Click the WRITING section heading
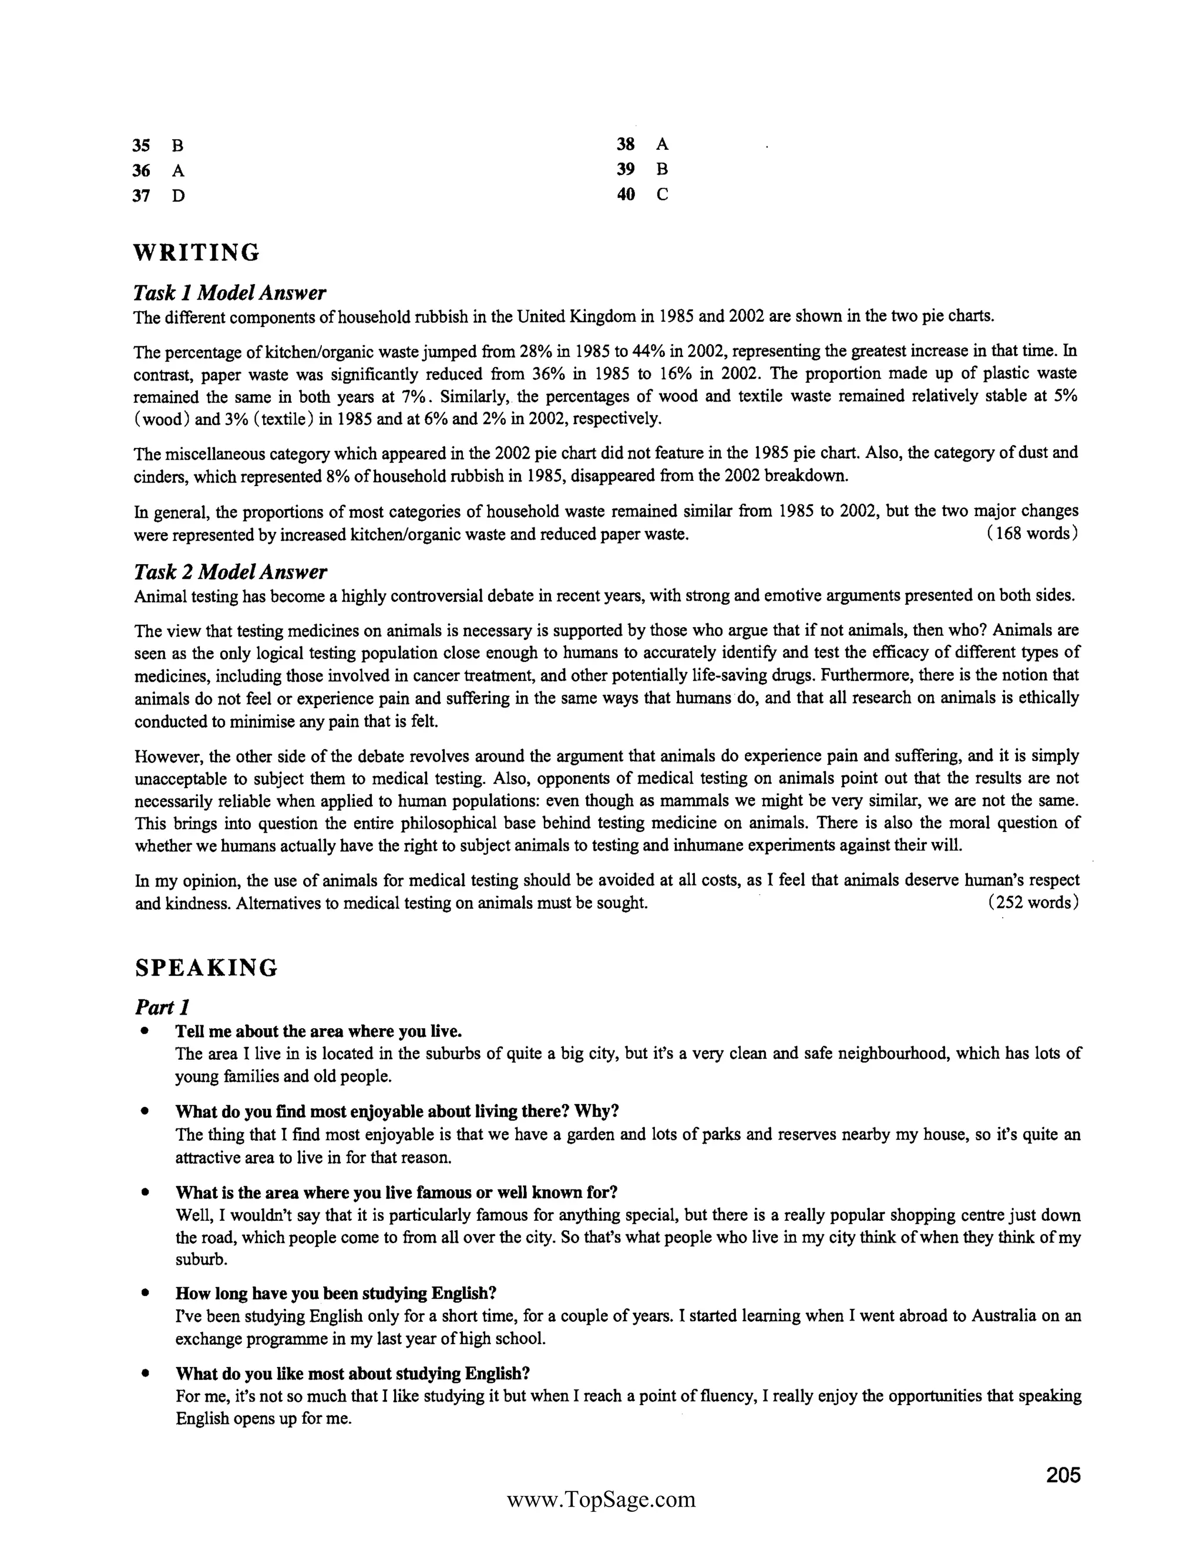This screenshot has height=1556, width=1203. click(x=197, y=253)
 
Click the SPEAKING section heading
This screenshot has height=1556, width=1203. click(x=206, y=968)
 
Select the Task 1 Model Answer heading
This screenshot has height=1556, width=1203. click(x=230, y=293)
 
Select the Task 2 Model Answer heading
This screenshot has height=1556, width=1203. click(x=230, y=572)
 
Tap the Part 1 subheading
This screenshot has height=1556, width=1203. click(x=162, y=1008)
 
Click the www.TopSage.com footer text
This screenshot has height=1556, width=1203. click(x=601, y=1500)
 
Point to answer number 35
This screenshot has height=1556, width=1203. click(x=141, y=146)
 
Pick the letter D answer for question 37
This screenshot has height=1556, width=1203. click(x=178, y=196)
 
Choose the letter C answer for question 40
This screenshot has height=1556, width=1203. click(x=662, y=194)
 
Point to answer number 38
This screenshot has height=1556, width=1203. click(x=625, y=144)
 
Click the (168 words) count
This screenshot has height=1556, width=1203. click(x=1032, y=534)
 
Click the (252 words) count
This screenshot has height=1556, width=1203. click(x=1033, y=902)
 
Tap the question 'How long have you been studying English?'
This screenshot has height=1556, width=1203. click(x=335, y=1293)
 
